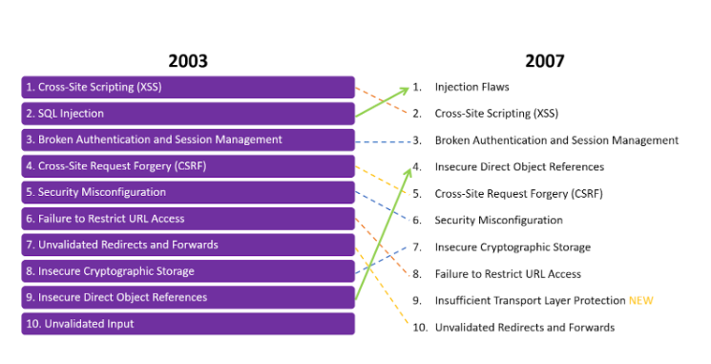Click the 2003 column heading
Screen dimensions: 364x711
pyautogui.click(x=187, y=61)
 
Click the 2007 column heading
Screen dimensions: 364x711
pyautogui.click(x=544, y=61)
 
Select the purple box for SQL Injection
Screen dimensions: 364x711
pyautogui.click(x=188, y=113)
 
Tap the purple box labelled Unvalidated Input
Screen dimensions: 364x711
pyautogui.click(x=188, y=324)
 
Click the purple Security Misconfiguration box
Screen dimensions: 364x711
pyautogui.click(x=188, y=192)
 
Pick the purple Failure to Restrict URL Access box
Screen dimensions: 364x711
pyautogui.click(x=188, y=219)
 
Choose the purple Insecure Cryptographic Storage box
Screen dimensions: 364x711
pyautogui.click(x=188, y=271)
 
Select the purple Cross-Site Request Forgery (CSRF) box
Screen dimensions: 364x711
pyautogui.click(x=188, y=165)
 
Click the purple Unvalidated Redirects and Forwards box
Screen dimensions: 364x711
pyautogui.click(x=188, y=245)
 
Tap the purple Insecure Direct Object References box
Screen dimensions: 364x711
pyautogui.click(x=188, y=297)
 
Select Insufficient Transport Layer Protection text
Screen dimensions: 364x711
pyautogui.click(x=529, y=300)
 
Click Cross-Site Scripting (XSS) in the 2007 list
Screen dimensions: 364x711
pyautogui.click(x=496, y=113)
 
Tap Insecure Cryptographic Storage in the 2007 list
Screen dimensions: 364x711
pyautogui.click(x=512, y=246)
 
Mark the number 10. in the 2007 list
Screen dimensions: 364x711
pyautogui.click(x=419, y=327)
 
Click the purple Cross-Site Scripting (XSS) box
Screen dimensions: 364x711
pyautogui.click(x=188, y=87)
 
